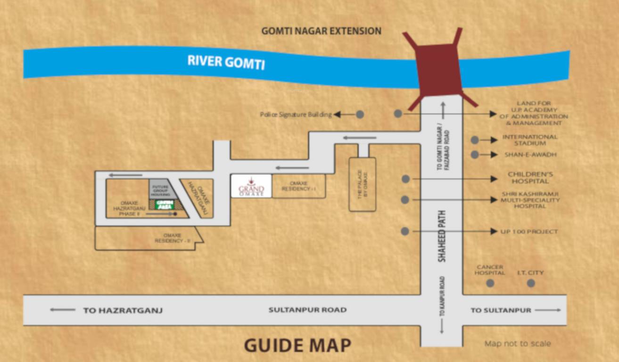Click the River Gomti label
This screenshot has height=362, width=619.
pyautogui.click(x=226, y=62)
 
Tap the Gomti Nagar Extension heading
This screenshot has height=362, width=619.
pyautogui.click(x=322, y=31)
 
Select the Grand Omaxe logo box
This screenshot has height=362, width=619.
pyautogui.click(x=251, y=186)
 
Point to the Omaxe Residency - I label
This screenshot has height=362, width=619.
pyautogui.click(x=298, y=186)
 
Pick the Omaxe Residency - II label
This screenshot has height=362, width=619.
pyautogui.click(x=172, y=238)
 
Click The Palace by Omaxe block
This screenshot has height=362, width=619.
pyautogui.click(x=362, y=184)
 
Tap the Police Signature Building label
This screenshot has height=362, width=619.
pyautogui.click(x=296, y=115)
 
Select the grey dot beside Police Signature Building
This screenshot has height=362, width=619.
pyautogui.click(x=360, y=114)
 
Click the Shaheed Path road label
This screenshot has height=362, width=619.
pyautogui.click(x=442, y=236)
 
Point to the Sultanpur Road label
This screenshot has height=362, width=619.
pyautogui.click(x=307, y=310)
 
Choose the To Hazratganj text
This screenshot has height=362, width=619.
pyautogui.click(x=123, y=310)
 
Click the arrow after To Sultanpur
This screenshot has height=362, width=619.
pyautogui.click(x=548, y=310)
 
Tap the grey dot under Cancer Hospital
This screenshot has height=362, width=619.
pyautogui.click(x=490, y=283)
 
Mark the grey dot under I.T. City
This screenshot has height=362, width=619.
pyautogui.click(x=531, y=283)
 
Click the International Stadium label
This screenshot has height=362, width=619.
pyautogui.click(x=529, y=140)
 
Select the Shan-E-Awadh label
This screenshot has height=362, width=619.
pyautogui.click(x=530, y=155)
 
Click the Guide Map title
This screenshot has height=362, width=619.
pyautogui.click(x=297, y=346)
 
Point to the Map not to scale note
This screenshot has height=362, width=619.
pyautogui.click(x=517, y=344)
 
